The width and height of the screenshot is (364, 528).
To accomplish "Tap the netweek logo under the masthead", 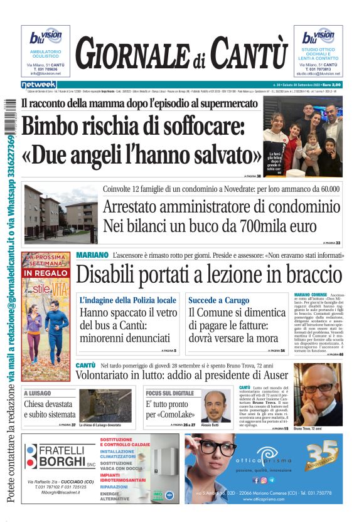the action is pyautogui.click(x=39, y=85).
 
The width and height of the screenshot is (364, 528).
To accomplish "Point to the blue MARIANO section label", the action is pyautogui.click(x=92, y=256).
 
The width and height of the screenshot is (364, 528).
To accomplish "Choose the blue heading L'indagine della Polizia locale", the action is pyautogui.click(x=128, y=300).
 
